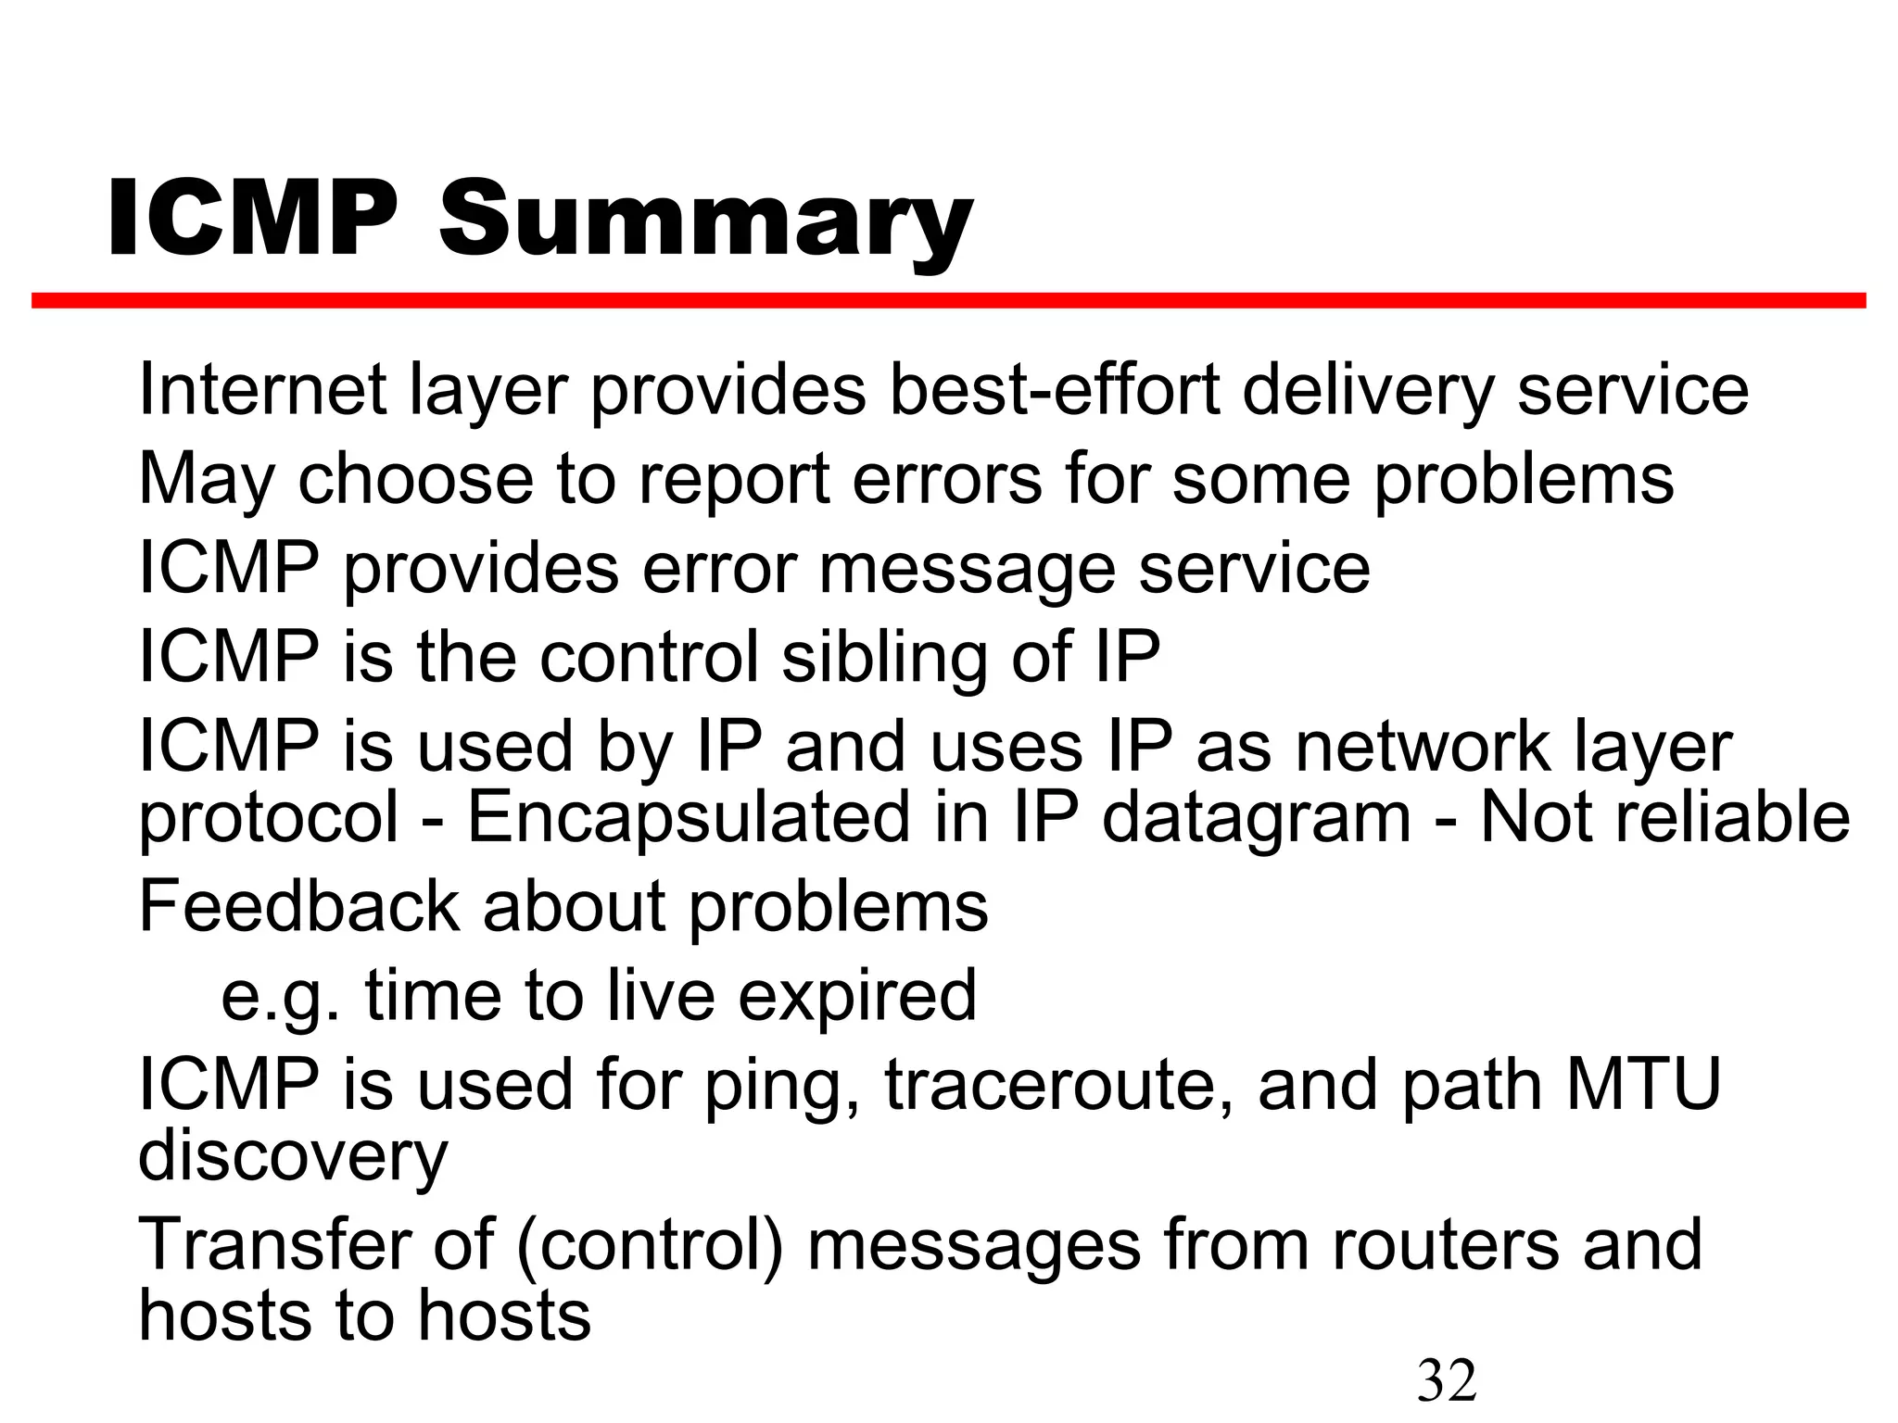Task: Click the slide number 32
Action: [x=1447, y=1379]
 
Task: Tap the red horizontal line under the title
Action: [x=948, y=300]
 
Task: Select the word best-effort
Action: [x=1055, y=390]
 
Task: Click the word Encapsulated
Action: [x=690, y=818]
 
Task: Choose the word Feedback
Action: [x=298, y=906]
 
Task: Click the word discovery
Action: [x=293, y=1157]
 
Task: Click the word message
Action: [x=967, y=570]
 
